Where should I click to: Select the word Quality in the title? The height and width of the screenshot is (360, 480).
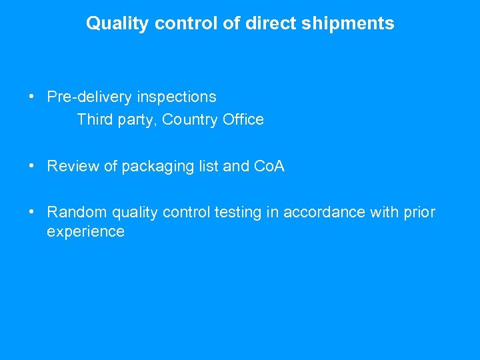coord(118,24)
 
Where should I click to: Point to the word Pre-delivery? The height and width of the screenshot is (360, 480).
coord(89,97)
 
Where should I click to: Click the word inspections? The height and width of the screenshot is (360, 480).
coord(177,97)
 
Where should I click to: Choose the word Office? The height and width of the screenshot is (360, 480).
coord(244,120)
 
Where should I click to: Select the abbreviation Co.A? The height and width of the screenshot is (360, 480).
coord(269,167)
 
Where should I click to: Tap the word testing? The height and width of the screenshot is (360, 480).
coord(246,213)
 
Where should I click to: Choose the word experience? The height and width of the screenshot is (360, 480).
coord(85,232)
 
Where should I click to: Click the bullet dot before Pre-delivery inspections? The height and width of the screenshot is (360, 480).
coord(32,97)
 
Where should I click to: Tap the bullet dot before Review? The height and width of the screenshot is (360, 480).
coord(32,167)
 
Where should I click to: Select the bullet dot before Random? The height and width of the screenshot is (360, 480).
coord(32,213)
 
